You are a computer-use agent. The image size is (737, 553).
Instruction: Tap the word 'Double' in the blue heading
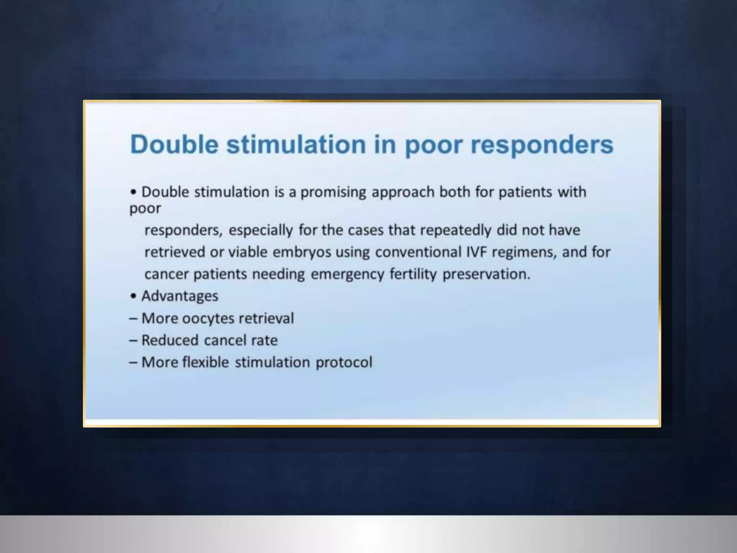(x=175, y=144)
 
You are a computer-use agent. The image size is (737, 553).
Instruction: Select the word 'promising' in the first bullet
(x=333, y=192)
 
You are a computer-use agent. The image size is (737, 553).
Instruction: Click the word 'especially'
(x=261, y=230)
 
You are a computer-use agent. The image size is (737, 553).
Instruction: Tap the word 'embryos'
(x=302, y=252)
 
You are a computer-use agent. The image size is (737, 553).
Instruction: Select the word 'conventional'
(x=418, y=252)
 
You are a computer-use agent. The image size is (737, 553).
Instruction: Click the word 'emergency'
(x=347, y=274)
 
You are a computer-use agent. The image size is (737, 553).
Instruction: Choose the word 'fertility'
(x=413, y=274)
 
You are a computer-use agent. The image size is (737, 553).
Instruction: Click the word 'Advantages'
(x=180, y=296)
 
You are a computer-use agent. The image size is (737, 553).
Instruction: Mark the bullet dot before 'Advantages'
(x=134, y=296)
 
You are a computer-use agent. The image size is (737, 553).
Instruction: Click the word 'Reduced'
(x=170, y=341)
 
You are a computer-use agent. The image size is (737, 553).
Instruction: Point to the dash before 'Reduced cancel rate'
(x=133, y=341)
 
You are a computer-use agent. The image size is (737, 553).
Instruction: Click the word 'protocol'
(x=344, y=363)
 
